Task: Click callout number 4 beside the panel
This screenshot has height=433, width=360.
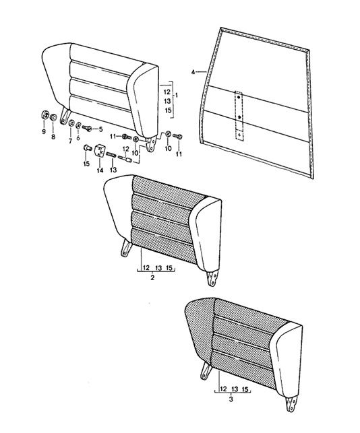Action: [x=193, y=72]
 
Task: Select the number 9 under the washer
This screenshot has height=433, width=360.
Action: [x=44, y=132]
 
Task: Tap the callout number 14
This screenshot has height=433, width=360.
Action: [x=100, y=170]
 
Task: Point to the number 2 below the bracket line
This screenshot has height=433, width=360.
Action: [x=152, y=278]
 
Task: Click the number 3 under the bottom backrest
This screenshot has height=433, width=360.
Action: [x=231, y=399]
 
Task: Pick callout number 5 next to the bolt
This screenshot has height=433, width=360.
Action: [x=100, y=129]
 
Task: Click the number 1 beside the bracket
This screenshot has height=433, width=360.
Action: [x=177, y=95]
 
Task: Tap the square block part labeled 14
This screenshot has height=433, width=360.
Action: [x=99, y=150]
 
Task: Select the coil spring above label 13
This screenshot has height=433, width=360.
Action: [x=111, y=154]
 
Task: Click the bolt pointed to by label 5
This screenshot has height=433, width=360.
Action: [x=87, y=128]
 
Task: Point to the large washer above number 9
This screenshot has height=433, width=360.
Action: [x=44, y=114]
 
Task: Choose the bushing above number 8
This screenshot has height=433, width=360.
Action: [x=53, y=118]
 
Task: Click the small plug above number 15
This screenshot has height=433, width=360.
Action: [x=88, y=147]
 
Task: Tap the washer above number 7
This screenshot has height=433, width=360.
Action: [x=71, y=123]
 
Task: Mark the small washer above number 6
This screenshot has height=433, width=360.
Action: [x=78, y=125]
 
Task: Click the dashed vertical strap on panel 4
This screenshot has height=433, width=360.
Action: [x=239, y=116]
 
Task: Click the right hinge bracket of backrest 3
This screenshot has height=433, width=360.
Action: [x=291, y=404]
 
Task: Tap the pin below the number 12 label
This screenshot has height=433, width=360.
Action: [x=125, y=159]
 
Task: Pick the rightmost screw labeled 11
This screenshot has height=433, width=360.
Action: [x=177, y=136]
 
